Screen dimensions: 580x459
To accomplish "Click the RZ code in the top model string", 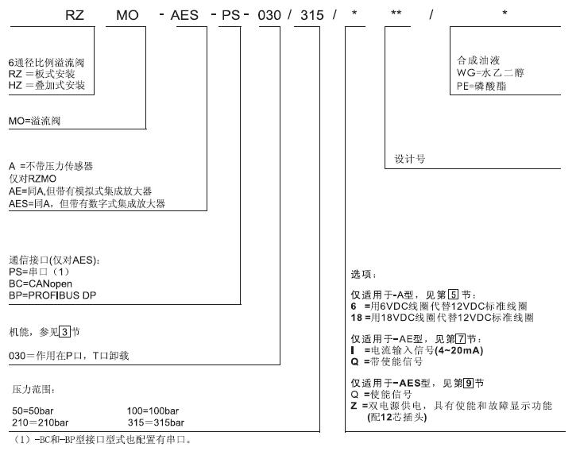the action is (75, 15).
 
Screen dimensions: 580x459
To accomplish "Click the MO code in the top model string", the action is (127, 15).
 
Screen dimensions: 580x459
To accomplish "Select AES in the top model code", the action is (184, 15).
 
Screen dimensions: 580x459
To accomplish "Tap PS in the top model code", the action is (231, 15).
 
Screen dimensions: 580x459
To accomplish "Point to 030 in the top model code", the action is (269, 15).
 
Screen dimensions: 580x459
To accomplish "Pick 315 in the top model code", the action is (311, 15).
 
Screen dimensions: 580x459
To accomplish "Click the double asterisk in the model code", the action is (396, 13).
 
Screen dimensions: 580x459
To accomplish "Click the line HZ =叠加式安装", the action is (47, 86).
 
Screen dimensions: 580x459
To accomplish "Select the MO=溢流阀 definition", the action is (34, 121).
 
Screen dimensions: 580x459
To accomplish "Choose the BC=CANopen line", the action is (41, 283).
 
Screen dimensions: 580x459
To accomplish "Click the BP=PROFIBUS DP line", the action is (52, 295).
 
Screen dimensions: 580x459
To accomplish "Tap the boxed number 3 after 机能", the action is (65, 332).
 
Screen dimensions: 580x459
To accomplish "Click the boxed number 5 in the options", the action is (453, 295).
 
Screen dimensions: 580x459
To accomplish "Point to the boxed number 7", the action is (461, 339).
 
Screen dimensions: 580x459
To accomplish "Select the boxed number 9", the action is (469, 384).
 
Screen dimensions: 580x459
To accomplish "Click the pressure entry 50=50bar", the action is (33, 411).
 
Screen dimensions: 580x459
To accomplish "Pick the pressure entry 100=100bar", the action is (153, 411).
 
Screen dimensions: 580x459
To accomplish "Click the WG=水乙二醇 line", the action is (490, 73).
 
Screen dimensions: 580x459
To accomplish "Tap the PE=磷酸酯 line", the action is (481, 86).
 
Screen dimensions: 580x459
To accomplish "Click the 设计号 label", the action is (410, 159).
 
